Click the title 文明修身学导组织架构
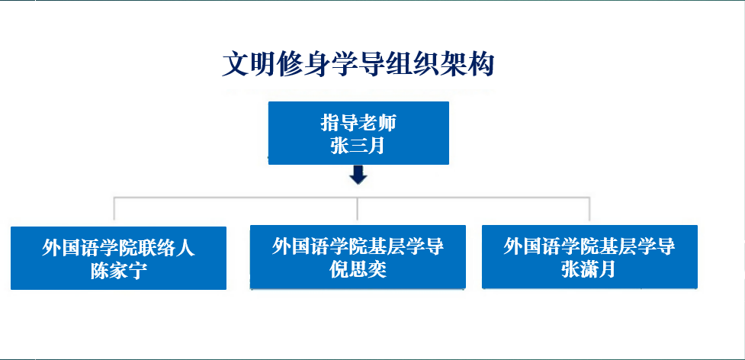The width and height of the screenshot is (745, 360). tap(358, 65)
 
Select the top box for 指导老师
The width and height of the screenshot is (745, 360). tap(358, 133)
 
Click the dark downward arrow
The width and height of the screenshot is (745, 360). tap(358, 175)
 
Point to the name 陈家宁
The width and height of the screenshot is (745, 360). tap(118, 272)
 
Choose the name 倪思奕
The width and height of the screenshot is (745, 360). tap(358, 270)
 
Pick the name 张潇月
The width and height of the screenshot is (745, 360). tap(589, 270)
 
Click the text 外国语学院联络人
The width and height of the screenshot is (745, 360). tap(118, 249)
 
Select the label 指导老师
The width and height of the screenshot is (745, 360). tap(358, 124)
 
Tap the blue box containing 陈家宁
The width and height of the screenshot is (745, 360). tap(118, 258)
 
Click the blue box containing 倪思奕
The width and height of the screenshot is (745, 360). tap(358, 256)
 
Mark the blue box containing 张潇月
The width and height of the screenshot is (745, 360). tap(589, 256)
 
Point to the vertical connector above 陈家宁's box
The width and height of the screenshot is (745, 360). tap(114, 208)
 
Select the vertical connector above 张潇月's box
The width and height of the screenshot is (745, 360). tap(589, 208)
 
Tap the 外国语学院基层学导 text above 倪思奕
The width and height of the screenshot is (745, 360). tap(358, 247)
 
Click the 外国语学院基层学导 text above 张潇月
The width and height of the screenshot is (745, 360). tap(589, 247)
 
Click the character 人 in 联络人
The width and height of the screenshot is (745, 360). tap(186, 249)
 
